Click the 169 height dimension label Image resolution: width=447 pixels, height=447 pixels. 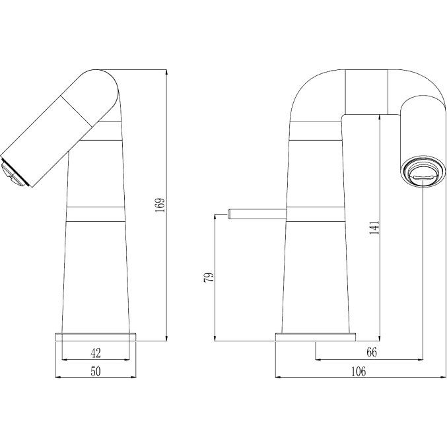160,205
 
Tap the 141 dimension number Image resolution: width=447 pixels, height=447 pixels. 374,227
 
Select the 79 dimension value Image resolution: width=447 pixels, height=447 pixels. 209,277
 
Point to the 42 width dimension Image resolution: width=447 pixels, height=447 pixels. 96,353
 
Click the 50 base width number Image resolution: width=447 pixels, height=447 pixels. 96,371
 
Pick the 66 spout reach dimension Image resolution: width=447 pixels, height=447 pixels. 372,353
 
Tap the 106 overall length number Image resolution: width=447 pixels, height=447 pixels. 359,371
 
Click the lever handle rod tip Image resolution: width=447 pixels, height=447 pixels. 229,214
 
